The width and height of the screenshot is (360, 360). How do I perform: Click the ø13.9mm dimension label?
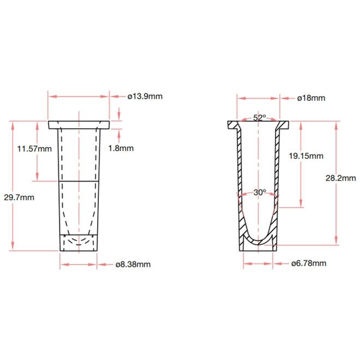click(x=145, y=96)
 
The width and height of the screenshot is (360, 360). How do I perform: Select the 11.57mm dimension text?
click(x=34, y=149)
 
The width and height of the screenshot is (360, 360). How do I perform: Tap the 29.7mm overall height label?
click(x=19, y=197)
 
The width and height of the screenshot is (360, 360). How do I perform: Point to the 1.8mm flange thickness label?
click(x=121, y=148)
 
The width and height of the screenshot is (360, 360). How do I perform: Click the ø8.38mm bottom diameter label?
click(x=133, y=265)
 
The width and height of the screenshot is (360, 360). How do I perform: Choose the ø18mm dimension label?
click(x=311, y=98)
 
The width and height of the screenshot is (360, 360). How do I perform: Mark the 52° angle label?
click(x=260, y=118)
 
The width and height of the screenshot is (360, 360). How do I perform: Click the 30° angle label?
click(x=260, y=192)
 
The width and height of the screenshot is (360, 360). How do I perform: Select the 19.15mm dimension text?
click(x=306, y=156)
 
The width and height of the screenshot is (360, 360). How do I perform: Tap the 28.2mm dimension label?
click(x=341, y=178)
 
